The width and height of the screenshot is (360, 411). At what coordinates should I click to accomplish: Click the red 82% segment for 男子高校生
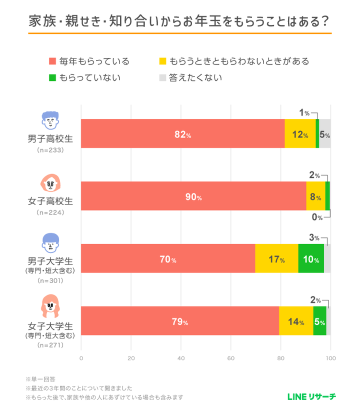pyautogui.click(x=182, y=133)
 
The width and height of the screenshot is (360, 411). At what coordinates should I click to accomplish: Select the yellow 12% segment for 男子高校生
pyautogui.click(x=300, y=133)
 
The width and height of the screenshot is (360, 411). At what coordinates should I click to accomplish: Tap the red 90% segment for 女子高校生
pyautogui.click(x=193, y=196)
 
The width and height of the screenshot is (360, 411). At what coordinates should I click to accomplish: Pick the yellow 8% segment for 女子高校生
pyautogui.click(x=315, y=196)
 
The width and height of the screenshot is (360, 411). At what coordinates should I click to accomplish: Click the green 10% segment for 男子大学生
pyautogui.click(x=311, y=258)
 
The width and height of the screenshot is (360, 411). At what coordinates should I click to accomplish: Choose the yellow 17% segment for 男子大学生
pyautogui.click(x=276, y=258)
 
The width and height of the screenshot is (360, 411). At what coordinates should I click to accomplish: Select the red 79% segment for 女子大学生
pyautogui.click(x=180, y=321)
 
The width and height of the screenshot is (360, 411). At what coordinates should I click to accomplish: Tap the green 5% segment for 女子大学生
pyautogui.click(x=319, y=321)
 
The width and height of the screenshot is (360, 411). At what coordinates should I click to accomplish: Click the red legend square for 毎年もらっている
pyautogui.click(x=52, y=62)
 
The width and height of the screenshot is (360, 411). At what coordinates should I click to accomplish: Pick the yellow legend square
pyautogui.click(x=162, y=62)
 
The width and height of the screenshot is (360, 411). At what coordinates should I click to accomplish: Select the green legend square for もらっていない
pyautogui.click(x=52, y=77)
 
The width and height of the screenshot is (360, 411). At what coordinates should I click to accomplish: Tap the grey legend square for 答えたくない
pyautogui.click(x=162, y=77)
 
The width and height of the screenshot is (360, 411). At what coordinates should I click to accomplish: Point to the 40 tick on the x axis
pyautogui.click(x=181, y=358)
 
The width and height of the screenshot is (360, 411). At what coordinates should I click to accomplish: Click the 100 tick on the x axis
pyautogui.click(x=330, y=358)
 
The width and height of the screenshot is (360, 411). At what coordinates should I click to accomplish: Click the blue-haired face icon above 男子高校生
pyautogui.click(x=50, y=120)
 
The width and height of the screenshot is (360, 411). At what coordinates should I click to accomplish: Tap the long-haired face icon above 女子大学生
pyautogui.click(x=50, y=306)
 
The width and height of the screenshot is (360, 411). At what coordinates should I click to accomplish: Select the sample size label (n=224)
pyautogui.click(x=50, y=212)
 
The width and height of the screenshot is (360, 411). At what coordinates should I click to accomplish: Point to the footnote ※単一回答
pyautogui.click(x=40, y=379)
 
